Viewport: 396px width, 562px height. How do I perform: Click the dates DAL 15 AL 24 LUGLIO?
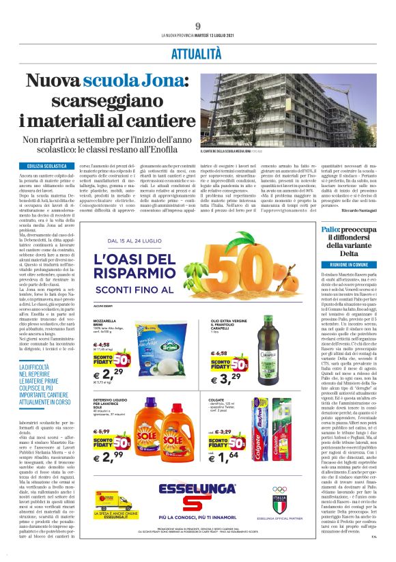(x=150, y=240)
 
